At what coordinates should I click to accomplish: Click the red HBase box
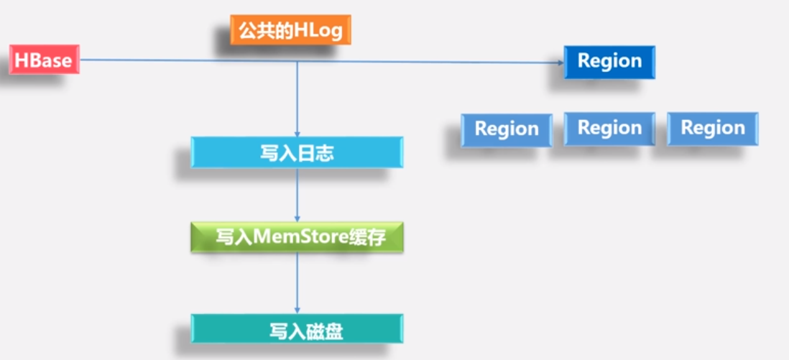(44, 60)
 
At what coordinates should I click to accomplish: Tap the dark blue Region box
(609, 61)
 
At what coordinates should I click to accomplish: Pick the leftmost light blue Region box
(507, 129)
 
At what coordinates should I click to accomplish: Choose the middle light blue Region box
(609, 129)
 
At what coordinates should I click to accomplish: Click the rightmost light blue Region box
(712, 129)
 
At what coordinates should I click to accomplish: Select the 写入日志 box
(297, 152)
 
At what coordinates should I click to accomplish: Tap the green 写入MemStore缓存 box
(297, 237)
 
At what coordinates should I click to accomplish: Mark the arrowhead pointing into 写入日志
(297, 131)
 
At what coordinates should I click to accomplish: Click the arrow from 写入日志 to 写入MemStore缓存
(297, 194)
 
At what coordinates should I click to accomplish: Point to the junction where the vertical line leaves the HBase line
(297, 62)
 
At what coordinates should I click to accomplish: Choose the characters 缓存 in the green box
(369, 237)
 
